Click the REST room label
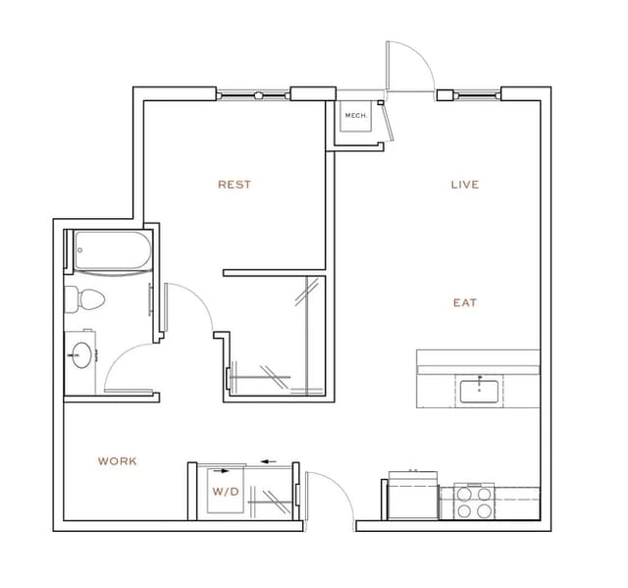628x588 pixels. [x=234, y=185]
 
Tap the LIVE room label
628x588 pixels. [x=464, y=185]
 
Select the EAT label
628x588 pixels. [x=464, y=303]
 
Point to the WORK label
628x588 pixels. [x=117, y=461]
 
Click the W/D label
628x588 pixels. [x=225, y=491]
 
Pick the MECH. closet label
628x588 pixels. [x=354, y=116]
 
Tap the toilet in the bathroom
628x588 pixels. [x=83, y=301]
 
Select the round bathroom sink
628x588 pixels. [x=80, y=355]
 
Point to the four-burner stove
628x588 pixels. [x=475, y=503]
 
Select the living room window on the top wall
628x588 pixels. [x=477, y=95]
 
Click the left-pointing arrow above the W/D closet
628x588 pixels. [x=268, y=460]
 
